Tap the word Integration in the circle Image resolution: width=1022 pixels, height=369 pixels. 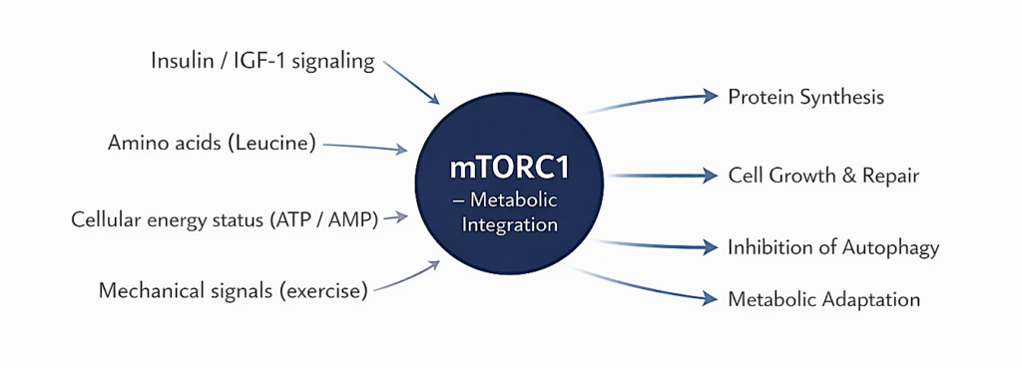[509, 224]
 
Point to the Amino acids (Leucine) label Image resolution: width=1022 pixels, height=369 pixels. [212, 143]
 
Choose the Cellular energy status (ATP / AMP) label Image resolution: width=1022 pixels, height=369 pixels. [225, 219]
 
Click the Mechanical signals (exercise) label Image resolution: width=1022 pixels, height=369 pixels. [234, 291]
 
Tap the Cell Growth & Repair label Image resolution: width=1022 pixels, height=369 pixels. [823, 176]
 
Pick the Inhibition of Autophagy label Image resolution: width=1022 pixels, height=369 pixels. [833, 247]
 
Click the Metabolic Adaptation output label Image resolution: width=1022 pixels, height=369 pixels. [823, 299]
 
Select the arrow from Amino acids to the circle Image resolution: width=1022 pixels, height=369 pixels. [365, 147]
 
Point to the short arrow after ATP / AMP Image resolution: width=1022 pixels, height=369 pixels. [395, 216]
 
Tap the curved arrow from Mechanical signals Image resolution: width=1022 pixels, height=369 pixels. [410, 278]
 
